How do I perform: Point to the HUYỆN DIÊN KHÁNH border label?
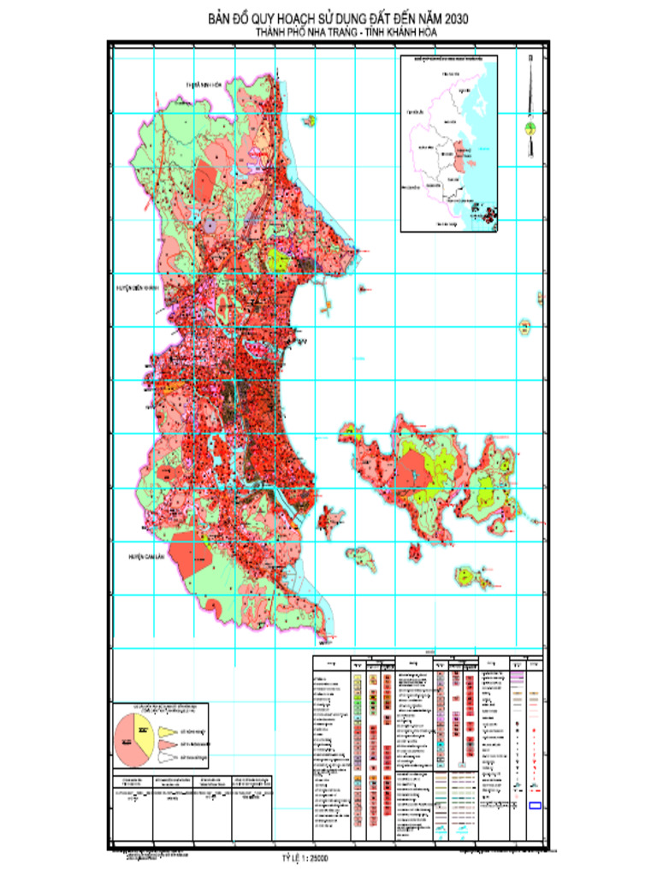click(x=139, y=288)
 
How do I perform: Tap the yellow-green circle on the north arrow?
click(x=530, y=129)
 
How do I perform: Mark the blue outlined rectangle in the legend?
click(x=536, y=805)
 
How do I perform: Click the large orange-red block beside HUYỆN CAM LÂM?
click(x=191, y=556)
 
